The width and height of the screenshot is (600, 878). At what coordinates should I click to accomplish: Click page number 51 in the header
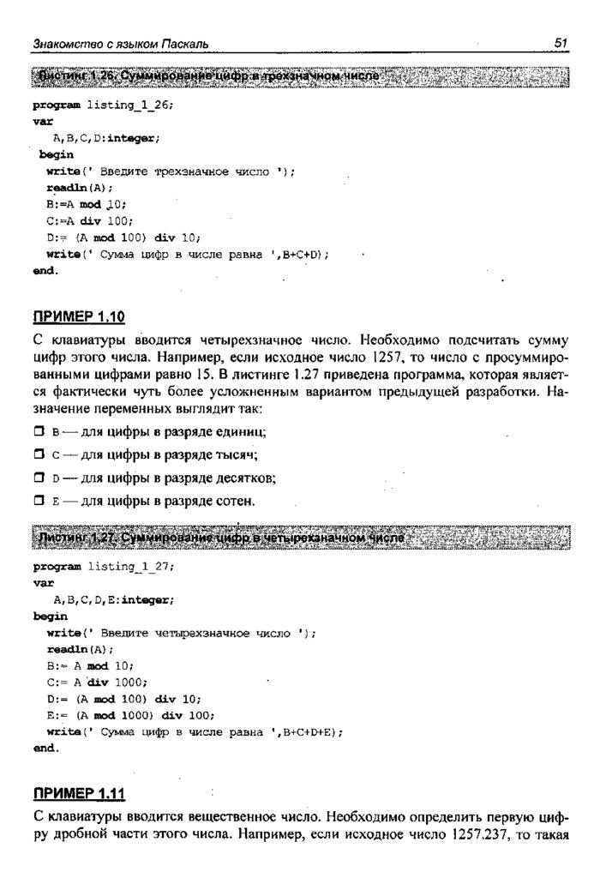[561, 43]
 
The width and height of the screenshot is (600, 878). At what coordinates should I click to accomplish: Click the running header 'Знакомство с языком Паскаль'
[121, 44]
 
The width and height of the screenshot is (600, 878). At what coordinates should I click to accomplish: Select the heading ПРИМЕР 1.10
[79, 318]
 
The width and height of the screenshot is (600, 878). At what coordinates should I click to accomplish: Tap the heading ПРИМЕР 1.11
[79, 791]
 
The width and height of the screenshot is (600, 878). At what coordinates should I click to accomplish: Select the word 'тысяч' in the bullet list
[237, 454]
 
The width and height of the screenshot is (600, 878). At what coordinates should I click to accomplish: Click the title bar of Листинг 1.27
[300, 538]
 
